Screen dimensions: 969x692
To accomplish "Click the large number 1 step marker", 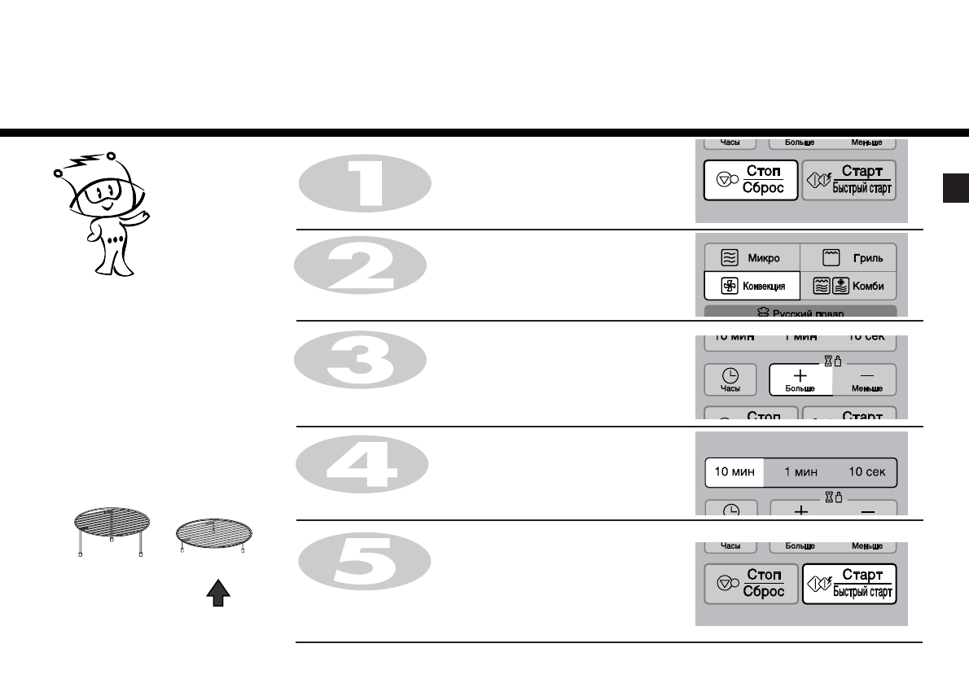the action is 364,184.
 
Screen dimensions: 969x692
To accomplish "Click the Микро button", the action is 752,257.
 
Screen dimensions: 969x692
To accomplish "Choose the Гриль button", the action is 849,257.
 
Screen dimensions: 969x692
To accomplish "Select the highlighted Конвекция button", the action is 752,286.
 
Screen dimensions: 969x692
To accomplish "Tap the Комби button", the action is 849,286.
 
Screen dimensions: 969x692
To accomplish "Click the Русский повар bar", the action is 800,313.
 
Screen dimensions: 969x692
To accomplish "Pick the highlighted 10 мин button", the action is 734,471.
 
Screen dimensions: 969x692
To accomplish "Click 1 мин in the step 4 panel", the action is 800,471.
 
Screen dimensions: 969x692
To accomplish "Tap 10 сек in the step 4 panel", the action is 866,471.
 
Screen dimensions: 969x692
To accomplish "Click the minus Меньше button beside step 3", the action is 866,379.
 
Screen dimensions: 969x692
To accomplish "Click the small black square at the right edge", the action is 954,188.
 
